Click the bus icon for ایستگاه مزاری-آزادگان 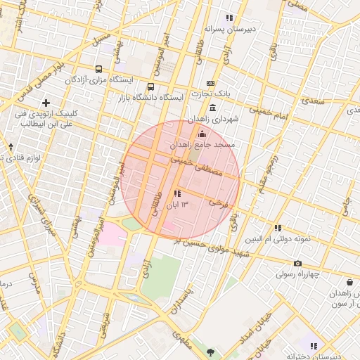(x=98, y=70)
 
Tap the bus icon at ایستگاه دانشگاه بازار (x=150, y=86)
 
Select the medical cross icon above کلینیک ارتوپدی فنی (x=46, y=103)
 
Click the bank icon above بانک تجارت (x=210, y=83)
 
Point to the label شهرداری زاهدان (x=213, y=120)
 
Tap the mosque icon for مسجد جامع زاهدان (x=202, y=134)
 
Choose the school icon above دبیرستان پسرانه (x=229, y=18)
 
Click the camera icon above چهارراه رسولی (x=297, y=263)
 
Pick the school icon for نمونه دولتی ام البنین (x=278, y=228)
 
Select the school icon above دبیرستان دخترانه (x=314, y=346)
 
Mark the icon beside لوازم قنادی (x=11, y=147)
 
